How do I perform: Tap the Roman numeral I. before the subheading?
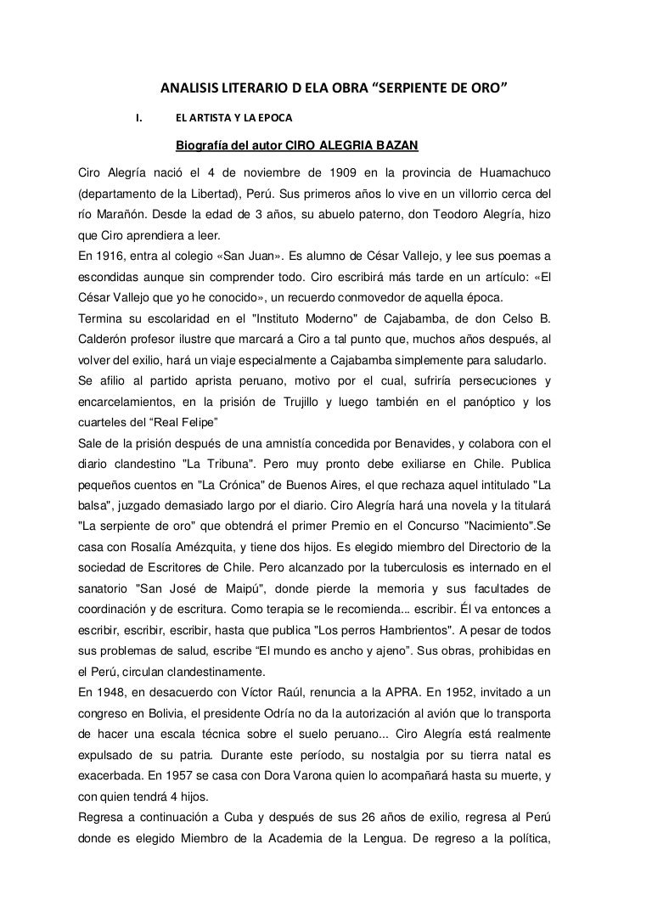[136, 116]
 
